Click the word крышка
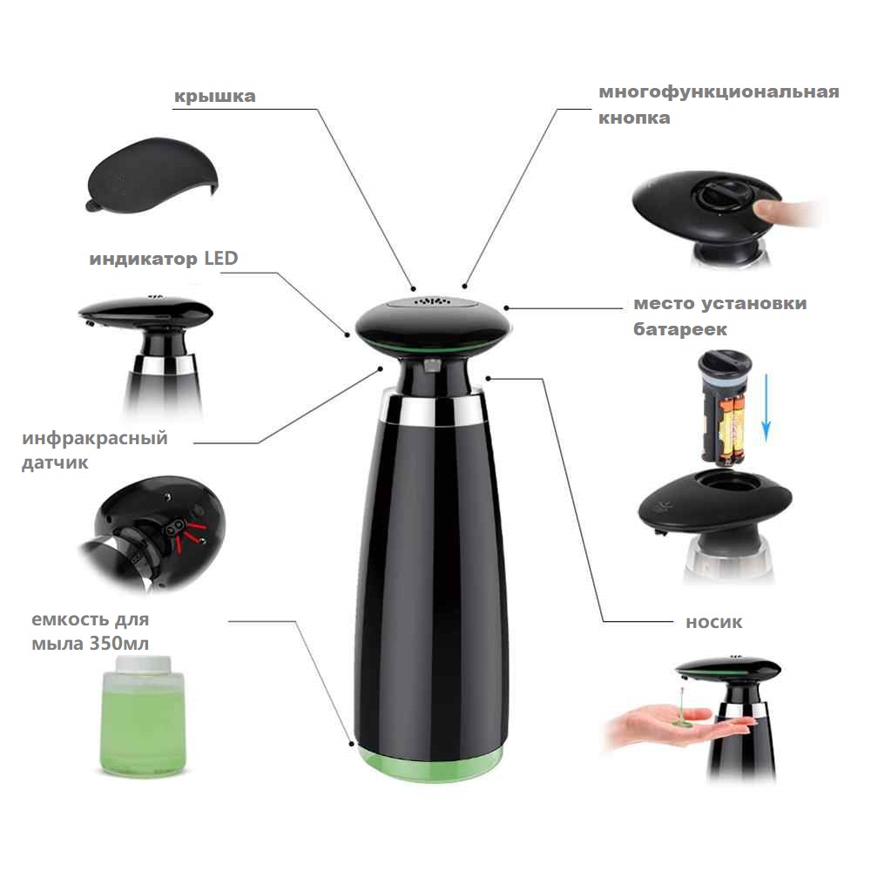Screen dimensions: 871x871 tap(215, 96)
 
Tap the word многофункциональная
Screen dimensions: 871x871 tap(719, 91)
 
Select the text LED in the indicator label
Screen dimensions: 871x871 tap(221, 258)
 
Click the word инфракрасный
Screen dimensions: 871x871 tap(95, 438)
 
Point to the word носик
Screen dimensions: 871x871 tap(714, 622)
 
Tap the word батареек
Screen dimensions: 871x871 tap(680, 329)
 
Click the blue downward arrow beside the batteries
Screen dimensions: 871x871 tap(766, 407)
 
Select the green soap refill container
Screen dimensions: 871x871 tap(143, 717)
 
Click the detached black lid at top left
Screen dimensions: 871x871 tap(151, 175)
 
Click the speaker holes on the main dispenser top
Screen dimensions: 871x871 tap(432, 301)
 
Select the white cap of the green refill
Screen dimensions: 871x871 tap(144, 664)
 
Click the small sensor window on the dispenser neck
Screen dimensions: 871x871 tap(432, 365)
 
